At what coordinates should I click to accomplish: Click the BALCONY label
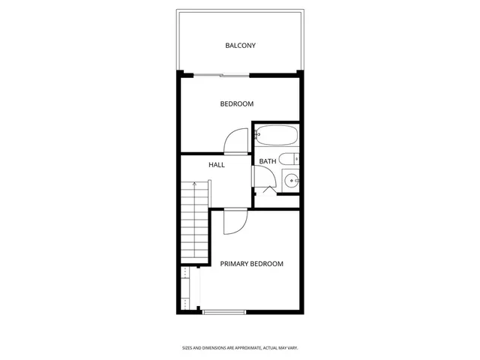240,46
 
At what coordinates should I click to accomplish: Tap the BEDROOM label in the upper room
236,104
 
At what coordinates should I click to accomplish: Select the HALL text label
217,164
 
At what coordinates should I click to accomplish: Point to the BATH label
267,161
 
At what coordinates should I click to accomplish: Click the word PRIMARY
234,264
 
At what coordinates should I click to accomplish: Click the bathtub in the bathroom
277,136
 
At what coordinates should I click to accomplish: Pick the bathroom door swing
262,178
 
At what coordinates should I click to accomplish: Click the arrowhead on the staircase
193,184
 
